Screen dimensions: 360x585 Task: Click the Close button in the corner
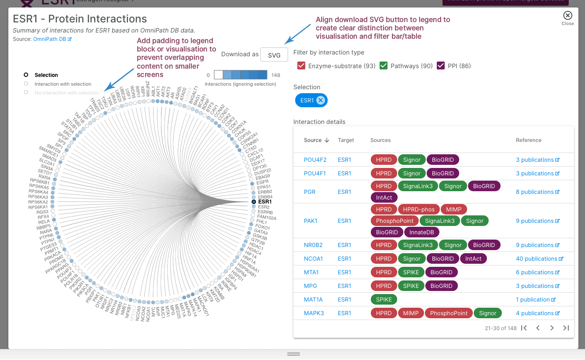567,16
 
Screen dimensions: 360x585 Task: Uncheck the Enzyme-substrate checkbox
301,66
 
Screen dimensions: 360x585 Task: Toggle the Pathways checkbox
384,66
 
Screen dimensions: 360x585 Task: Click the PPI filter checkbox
441,66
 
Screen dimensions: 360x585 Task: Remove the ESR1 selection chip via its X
321,101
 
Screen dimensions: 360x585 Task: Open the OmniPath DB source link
52,39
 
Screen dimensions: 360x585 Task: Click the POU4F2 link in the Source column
315,160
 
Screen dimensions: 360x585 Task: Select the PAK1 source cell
311,221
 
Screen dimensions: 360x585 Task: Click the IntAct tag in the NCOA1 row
473,259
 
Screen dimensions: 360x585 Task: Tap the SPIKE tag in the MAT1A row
384,300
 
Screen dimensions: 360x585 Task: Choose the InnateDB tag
421,232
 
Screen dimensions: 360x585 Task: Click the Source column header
313,140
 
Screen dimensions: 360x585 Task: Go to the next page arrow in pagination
552,328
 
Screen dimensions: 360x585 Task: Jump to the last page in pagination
566,328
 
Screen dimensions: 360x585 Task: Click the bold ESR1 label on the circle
265,202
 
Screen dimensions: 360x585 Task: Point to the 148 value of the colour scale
276,75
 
